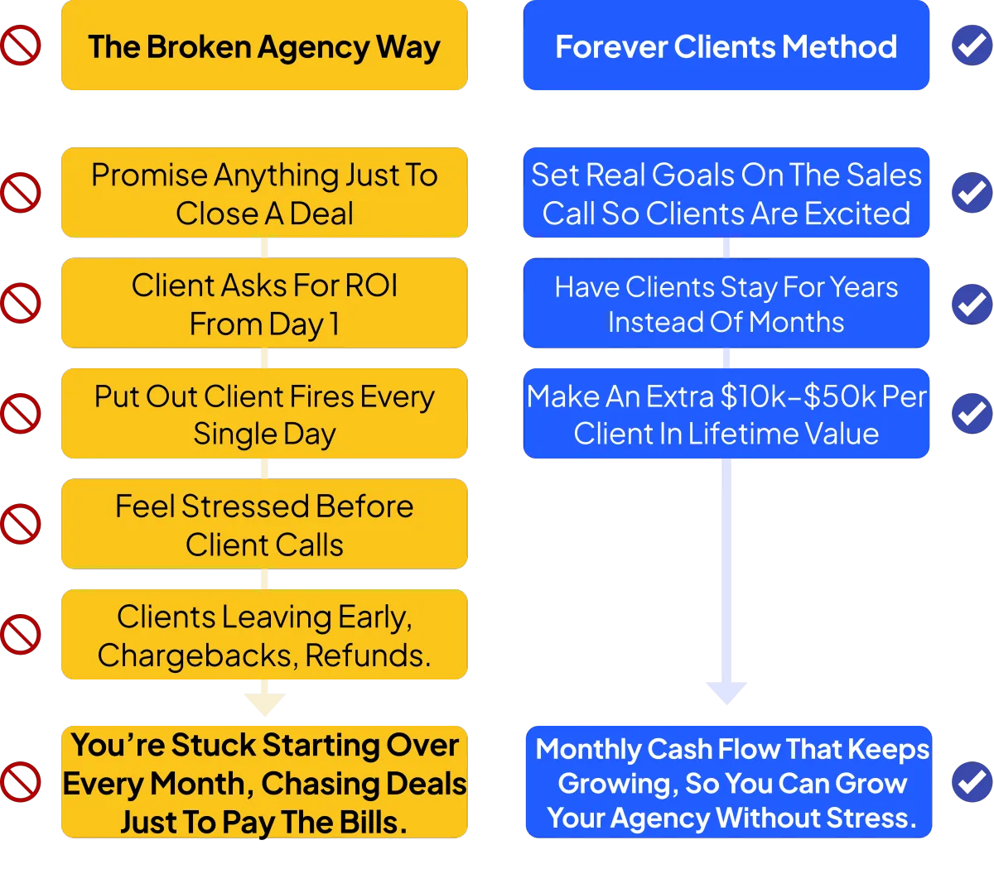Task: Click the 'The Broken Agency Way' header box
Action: tap(264, 46)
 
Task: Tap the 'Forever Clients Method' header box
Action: tap(726, 46)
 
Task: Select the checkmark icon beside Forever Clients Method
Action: tap(972, 46)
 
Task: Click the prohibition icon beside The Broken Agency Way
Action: tap(21, 46)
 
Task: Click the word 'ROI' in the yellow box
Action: tap(371, 285)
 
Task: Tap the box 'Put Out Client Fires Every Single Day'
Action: tap(264, 413)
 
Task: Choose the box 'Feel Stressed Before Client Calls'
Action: tap(264, 524)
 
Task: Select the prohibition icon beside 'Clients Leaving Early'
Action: tap(21, 635)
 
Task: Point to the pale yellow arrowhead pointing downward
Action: tap(265, 705)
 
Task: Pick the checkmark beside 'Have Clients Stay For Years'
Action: tap(972, 304)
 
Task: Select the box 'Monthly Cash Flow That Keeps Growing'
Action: tap(729, 782)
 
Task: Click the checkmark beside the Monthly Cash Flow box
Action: tap(972, 782)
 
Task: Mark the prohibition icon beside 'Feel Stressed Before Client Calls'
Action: tap(21, 524)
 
